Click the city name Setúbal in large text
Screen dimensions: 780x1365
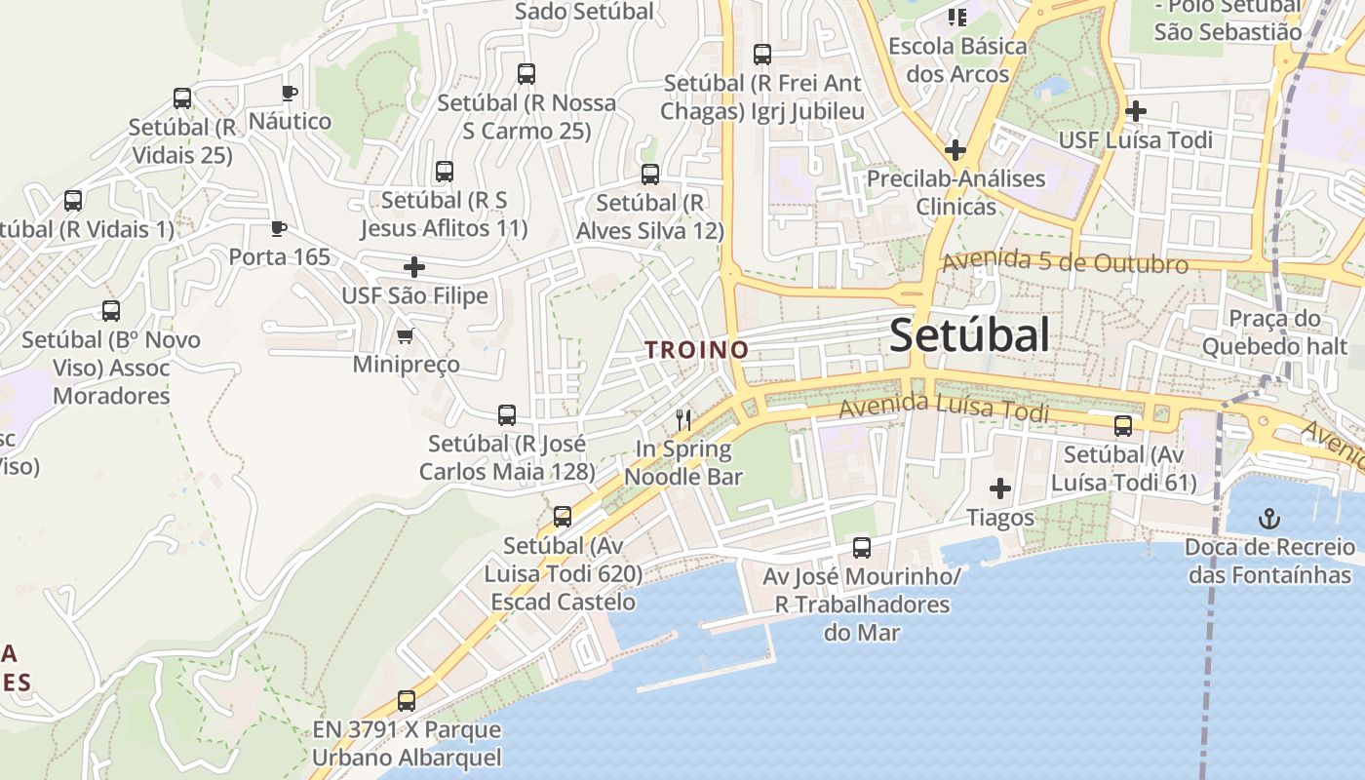coord(969,335)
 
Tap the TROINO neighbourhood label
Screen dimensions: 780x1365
coord(696,349)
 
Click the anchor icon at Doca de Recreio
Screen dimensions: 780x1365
coord(1269,519)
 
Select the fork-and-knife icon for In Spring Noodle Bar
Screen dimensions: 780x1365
coord(683,420)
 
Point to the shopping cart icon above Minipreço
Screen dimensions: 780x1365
coord(405,336)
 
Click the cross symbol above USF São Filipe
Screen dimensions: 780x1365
coord(414,266)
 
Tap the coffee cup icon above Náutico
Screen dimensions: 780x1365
coord(289,94)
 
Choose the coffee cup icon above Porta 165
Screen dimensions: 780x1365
coord(279,229)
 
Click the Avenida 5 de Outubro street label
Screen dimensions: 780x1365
coord(1065,262)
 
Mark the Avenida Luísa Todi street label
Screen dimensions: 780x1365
coord(944,408)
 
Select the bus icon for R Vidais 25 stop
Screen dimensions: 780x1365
coord(182,98)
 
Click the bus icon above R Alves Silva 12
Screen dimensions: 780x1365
coord(650,175)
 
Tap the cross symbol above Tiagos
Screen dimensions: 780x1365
coord(1000,487)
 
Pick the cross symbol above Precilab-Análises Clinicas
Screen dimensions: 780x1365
coord(955,150)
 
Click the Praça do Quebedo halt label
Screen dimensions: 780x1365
coord(1274,332)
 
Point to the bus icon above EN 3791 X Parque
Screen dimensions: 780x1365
coord(407,700)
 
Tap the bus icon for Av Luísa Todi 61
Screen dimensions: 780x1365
coord(1123,426)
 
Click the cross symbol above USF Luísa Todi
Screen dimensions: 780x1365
coord(1136,111)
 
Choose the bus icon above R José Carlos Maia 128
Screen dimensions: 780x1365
coord(507,415)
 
